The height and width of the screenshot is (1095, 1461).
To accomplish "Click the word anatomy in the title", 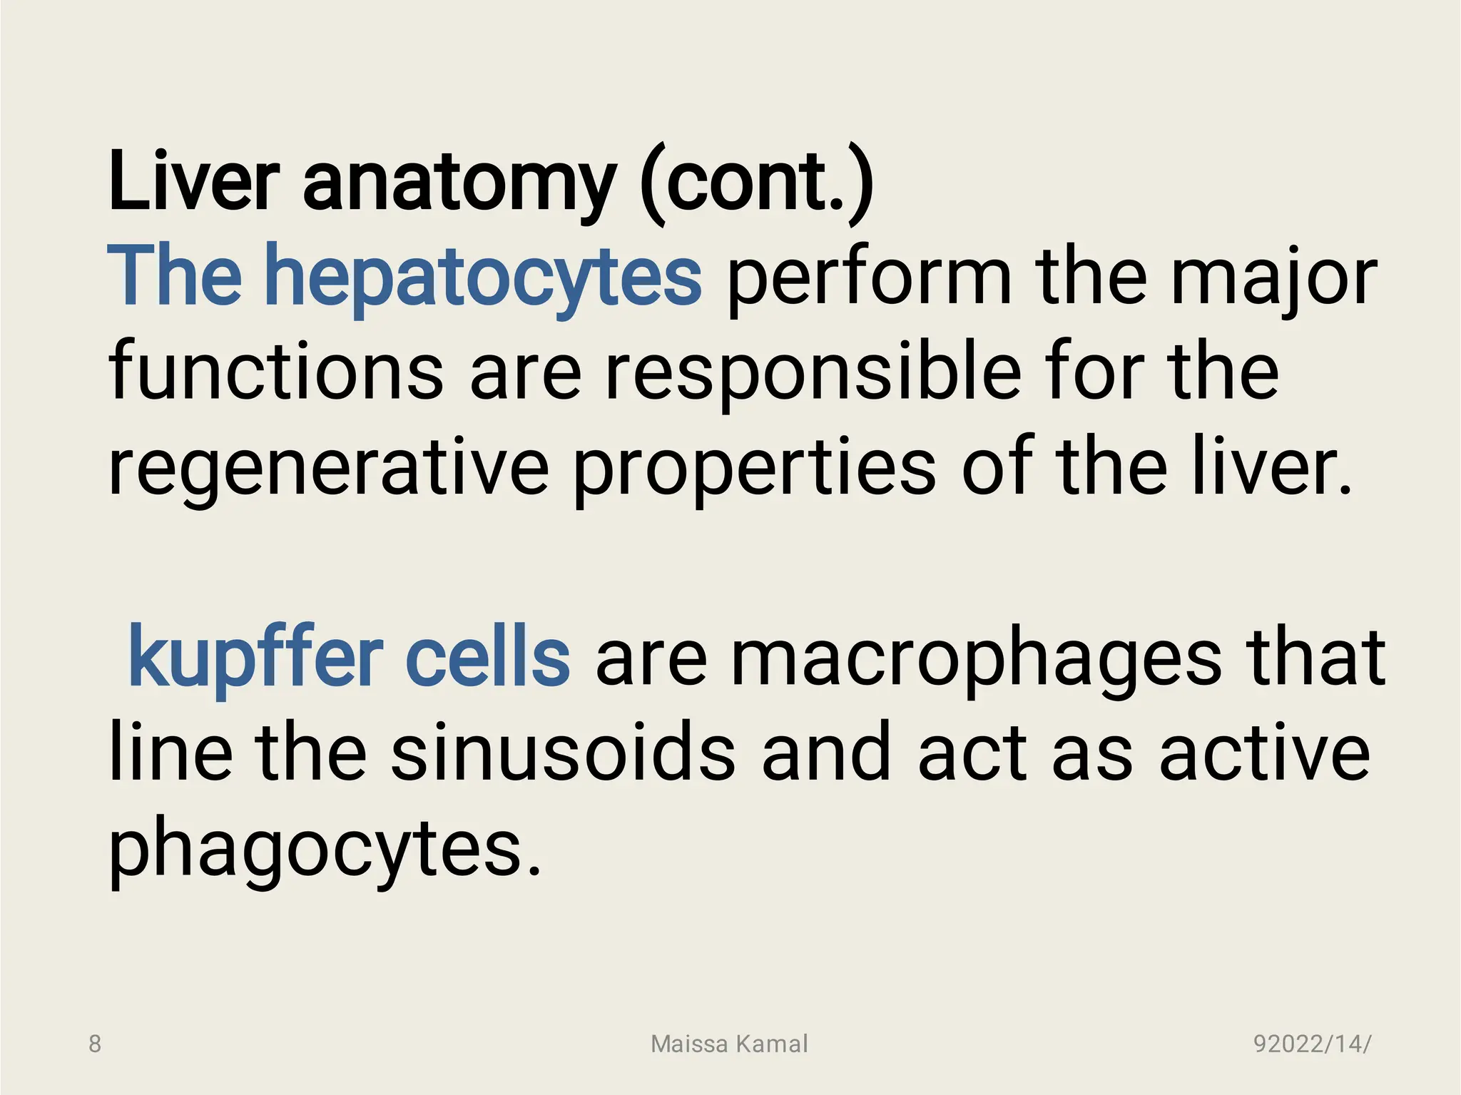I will click(459, 183).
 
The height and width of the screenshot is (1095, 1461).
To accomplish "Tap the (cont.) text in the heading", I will click(758, 183).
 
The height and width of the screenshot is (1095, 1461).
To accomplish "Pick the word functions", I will click(276, 372).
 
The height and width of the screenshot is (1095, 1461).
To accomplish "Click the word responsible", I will click(813, 372).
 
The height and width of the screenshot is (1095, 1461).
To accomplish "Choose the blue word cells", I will click(488, 656).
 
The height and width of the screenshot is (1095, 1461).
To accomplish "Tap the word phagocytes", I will click(324, 849).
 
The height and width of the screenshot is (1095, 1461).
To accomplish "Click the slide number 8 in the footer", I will click(95, 1044).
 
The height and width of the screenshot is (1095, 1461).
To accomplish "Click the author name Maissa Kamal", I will click(729, 1044).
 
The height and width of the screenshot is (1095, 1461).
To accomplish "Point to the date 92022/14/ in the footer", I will click(1312, 1044).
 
